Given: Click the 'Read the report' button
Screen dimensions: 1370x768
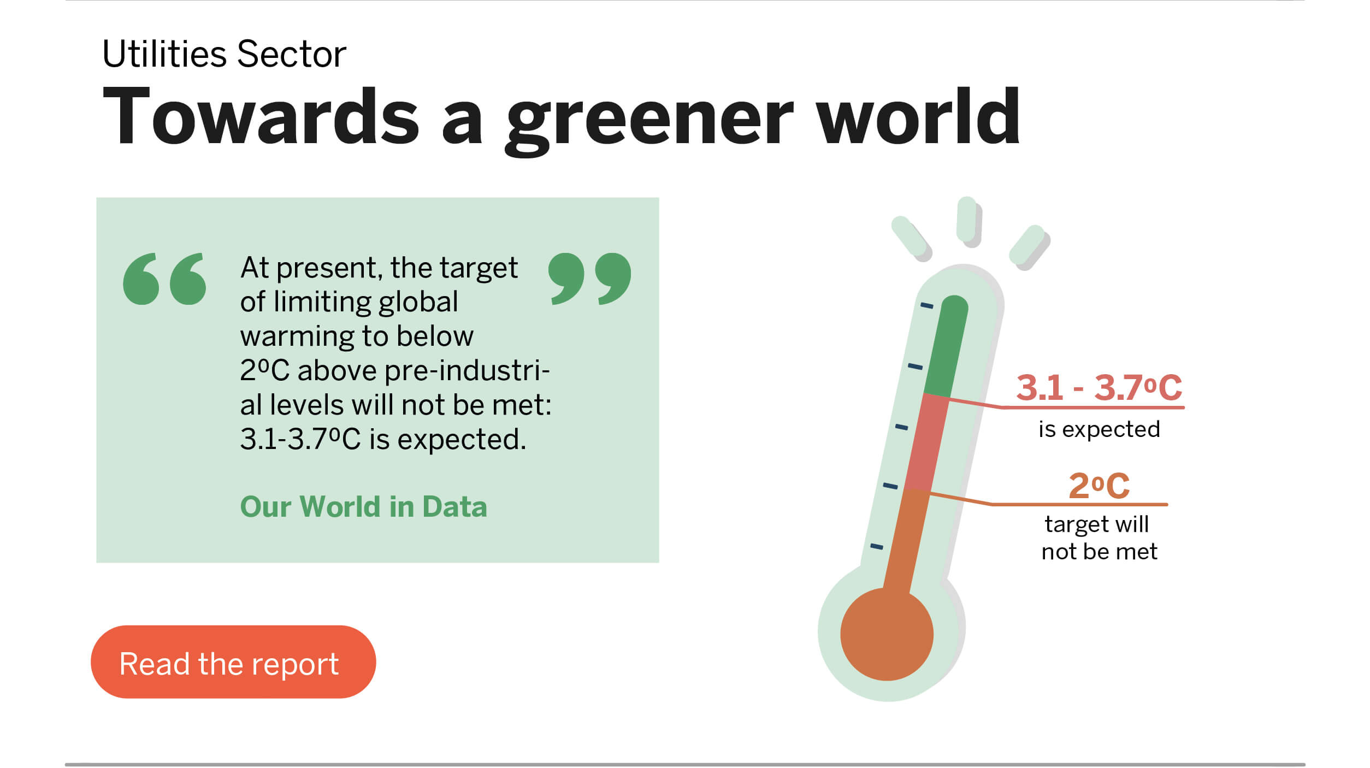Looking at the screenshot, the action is point(233,661).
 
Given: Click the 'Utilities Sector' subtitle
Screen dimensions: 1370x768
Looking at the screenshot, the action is point(225,54).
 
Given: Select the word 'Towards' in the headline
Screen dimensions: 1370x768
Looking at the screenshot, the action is point(261,116).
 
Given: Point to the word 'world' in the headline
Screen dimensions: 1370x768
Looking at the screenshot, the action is point(918,116).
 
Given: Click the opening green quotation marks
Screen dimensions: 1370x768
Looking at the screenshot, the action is point(164,279).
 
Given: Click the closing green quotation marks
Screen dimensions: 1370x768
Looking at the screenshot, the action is point(589,279).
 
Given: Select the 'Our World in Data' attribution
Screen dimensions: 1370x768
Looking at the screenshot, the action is point(363,506).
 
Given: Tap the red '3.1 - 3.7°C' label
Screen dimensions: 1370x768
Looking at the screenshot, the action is point(1099,387).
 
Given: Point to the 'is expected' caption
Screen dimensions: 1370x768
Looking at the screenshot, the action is point(1099,429).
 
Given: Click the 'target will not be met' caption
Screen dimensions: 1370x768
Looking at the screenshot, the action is point(1099,538).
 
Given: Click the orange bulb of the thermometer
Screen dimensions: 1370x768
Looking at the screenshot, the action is point(887,634).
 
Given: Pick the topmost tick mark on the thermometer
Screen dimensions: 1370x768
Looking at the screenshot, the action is point(927,305).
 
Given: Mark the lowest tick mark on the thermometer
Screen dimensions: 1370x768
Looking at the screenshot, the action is point(877,546).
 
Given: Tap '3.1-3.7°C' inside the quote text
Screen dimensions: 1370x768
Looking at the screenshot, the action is point(300,439).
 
